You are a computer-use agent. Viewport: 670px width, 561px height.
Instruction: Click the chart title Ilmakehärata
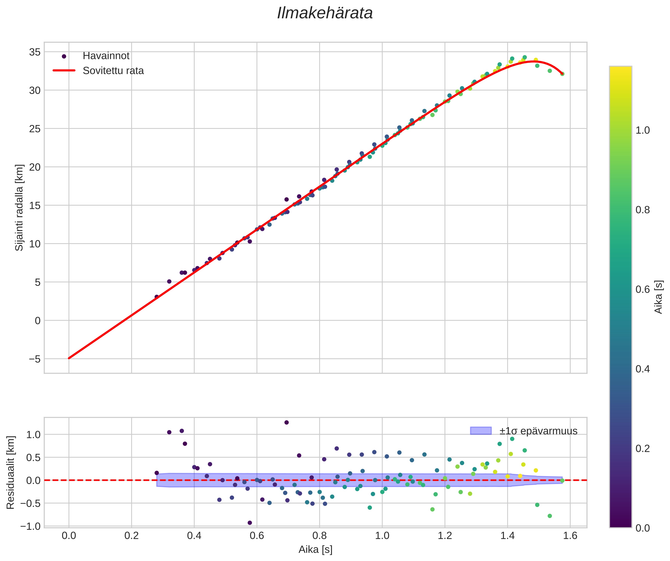point(325,13)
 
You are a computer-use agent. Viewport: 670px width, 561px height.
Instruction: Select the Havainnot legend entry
point(106,56)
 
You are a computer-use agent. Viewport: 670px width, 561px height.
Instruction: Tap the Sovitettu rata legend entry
point(113,71)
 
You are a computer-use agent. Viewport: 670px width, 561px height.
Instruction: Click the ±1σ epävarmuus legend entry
point(538,431)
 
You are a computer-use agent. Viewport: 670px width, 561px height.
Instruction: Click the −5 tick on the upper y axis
point(35,359)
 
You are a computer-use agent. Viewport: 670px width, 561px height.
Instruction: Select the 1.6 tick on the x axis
point(570,536)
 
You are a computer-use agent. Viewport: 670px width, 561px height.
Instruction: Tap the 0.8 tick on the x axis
point(319,536)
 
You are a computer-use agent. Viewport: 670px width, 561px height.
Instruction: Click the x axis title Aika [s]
point(315,550)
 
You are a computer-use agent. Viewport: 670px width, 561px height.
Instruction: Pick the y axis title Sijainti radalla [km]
point(19,208)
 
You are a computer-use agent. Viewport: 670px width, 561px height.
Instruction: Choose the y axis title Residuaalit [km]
point(10,472)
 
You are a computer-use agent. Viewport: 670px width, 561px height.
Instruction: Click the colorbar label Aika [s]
point(658,297)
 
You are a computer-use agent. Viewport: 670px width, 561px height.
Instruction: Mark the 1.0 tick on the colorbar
point(643,130)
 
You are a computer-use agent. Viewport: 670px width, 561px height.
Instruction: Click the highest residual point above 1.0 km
point(286,422)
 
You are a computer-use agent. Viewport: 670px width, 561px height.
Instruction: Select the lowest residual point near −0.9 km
point(250,523)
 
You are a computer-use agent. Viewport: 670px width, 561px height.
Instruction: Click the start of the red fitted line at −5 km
point(69,358)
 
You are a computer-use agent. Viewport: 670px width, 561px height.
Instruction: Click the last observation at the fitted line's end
point(562,74)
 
